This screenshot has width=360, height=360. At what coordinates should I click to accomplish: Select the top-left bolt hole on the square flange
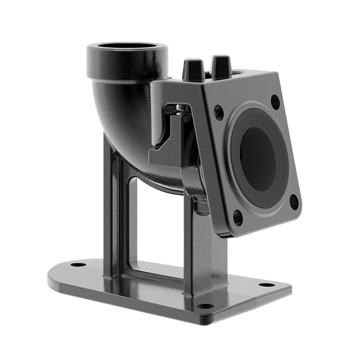click(219, 110)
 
